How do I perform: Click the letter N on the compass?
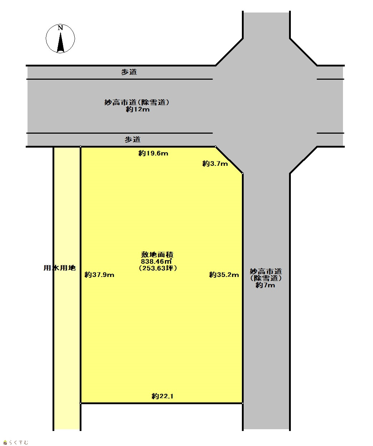pos(60,28)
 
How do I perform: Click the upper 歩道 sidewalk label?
pos(129,72)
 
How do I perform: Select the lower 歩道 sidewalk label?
pos(133,139)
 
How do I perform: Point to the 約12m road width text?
pos(138,109)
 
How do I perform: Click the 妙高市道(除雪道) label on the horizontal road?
pos(137,102)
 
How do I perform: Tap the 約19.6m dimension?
pos(153,153)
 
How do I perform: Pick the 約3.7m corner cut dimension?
pos(215,164)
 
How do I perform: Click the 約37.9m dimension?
pos(99,275)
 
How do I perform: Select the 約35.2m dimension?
pos(224,275)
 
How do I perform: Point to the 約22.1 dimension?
pos(163,396)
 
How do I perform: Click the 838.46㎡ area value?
pos(156,261)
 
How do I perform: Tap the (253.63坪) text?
pos(158,268)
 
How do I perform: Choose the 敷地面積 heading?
pos(157,254)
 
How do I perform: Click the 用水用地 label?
pos(60,268)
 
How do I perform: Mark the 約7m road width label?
pos(265,285)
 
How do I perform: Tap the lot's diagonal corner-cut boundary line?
pos(229,160)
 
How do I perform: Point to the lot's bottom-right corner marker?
pos(243,403)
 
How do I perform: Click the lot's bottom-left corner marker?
pos(80,403)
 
